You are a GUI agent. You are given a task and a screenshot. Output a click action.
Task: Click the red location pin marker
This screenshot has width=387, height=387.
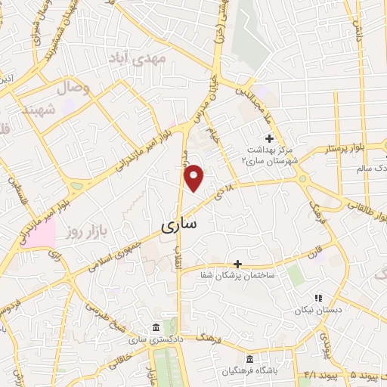click(195, 178)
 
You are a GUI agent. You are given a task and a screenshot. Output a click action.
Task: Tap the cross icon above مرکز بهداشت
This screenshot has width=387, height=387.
click(270, 138)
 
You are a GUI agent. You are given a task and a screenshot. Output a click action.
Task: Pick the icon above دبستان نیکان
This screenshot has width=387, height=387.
click(317, 298)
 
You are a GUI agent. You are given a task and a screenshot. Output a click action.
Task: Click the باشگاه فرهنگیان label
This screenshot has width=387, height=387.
click(249, 370)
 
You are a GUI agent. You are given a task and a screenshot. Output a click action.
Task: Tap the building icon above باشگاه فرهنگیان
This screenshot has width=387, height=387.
click(249, 358)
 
